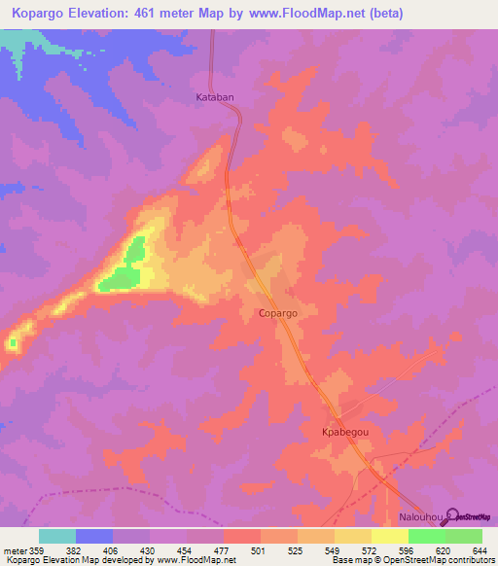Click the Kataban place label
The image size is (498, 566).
tap(216, 98)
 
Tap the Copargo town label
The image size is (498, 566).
tap(277, 314)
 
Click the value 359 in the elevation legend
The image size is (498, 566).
tap(39, 549)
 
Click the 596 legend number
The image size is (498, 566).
tap(408, 549)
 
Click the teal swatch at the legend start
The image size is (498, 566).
tap(57, 536)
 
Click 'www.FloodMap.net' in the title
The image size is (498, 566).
tap(298, 14)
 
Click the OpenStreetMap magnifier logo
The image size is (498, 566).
tap(449, 515)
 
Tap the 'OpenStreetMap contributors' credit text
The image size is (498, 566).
tap(435, 559)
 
